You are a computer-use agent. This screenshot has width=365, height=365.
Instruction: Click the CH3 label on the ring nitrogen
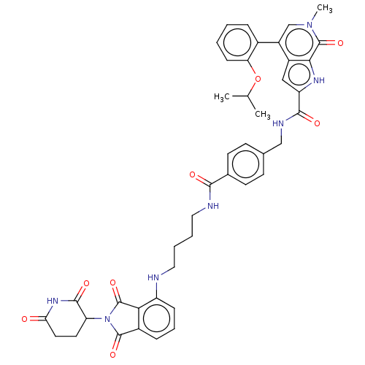tap(325, 9)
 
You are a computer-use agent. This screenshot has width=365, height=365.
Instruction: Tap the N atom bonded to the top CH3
tap(310, 25)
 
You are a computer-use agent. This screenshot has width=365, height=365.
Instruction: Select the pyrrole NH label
tap(319, 80)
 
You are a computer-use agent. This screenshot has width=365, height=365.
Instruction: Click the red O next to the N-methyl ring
tap(340, 43)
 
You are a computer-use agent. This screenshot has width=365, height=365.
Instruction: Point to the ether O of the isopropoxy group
tap(258, 79)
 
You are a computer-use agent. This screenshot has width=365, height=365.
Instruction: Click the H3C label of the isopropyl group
tap(222, 97)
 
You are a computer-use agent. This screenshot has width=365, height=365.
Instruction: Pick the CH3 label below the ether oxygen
tap(263, 114)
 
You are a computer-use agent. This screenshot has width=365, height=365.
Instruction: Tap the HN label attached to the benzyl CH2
tap(278, 123)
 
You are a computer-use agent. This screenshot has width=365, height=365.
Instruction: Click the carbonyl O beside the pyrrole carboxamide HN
tap(317, 123)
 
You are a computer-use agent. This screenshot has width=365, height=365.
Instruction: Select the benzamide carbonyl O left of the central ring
tap(193, 174)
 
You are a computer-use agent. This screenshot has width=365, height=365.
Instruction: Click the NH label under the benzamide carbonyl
tap(213, 206)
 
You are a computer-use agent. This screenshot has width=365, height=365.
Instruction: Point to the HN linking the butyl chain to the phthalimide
tap(153, 277)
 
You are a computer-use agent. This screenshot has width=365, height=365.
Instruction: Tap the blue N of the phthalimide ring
tap(107, 319)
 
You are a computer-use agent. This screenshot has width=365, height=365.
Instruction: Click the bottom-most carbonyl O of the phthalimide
tap(112, 355)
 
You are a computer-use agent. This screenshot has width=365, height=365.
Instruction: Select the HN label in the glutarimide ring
tap(53, 301)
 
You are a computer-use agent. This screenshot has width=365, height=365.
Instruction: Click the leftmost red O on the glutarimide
tap(24, 319)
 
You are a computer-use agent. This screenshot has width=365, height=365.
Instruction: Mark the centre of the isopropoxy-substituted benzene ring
tap(237, 42)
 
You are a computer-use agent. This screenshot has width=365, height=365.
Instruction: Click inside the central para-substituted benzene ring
tap(245, 164)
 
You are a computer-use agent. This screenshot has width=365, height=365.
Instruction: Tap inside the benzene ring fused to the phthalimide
tap(156, 319)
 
